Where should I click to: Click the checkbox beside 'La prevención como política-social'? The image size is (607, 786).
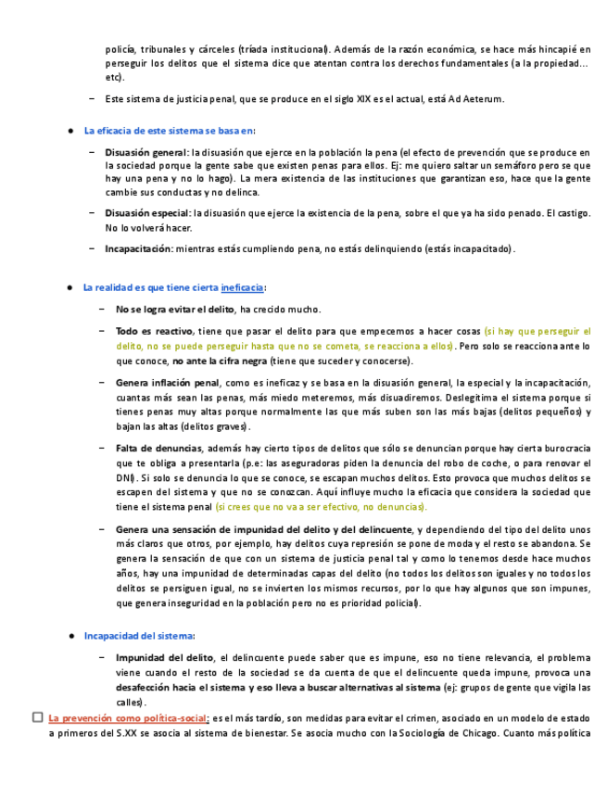(x=37, y=717)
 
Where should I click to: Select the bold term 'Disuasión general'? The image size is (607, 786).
(x=145, y=151)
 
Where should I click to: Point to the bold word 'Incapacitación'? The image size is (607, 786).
(x=138, y=248)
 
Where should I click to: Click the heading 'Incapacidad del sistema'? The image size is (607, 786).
(x=138, y=636)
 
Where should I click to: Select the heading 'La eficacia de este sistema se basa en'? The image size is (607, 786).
(x=168, y=131)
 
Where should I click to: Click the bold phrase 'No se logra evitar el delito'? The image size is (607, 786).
(x=175, y=310)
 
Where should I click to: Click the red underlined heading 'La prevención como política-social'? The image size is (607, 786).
(x=128, y=718)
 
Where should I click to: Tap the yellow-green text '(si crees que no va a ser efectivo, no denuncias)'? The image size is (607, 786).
(x=322, y=507)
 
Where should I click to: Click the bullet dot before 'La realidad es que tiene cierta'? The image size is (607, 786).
(x=70, y=288)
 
